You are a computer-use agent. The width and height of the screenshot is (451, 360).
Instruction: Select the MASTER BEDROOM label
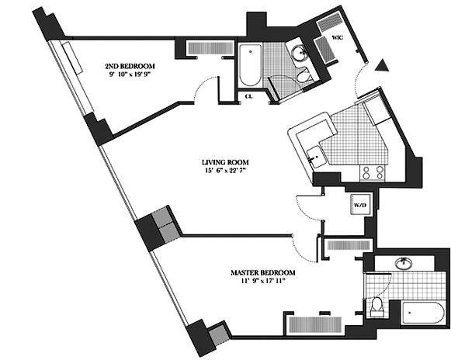click(x=263, y=273)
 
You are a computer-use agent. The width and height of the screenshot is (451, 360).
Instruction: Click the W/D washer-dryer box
click(x=359, y=204)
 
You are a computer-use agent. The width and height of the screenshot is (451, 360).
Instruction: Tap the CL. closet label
click(x=249, y=96)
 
